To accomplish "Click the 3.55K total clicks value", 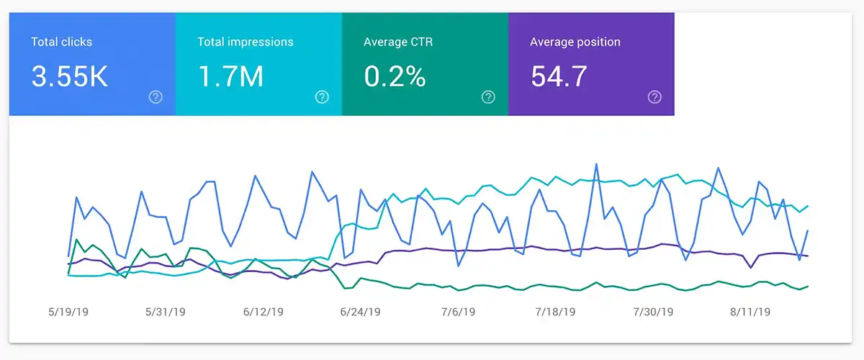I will pyautogui.click(x=70, y=76).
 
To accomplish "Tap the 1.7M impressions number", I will pyautogui.click(x=230, y=76).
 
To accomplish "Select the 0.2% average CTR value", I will pyautogui.click(x=395, y=76).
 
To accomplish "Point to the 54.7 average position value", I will pyautogui.click(x=559, y=76).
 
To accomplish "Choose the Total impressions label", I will pyautogui.click(x=246, y=42).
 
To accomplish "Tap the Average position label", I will pyautogui.click(x=575, y=42).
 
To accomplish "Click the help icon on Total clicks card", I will pyautogui.click(x=156, y=97).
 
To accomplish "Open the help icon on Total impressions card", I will pyautogui.click(x=322, y=97).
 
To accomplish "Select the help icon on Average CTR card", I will pyautogui.click(x=488, y=97).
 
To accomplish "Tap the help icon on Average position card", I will pyautogui.click(x=654, y=97).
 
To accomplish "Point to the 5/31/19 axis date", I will pyautogui.click(x=166, y=312).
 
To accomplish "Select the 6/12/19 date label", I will pyautogui.click(x=264, y=312).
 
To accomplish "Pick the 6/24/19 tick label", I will pyautogui.click(x=361, y=312).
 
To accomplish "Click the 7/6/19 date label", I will pyautogui.click(x=458, y=312).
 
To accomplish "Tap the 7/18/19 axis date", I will pyautogui.click(x=555, y=312).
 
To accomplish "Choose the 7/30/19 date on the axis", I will pyautogui.click(x=653, y=312).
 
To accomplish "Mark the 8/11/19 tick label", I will pyautogui.click(x=750, y=312).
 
